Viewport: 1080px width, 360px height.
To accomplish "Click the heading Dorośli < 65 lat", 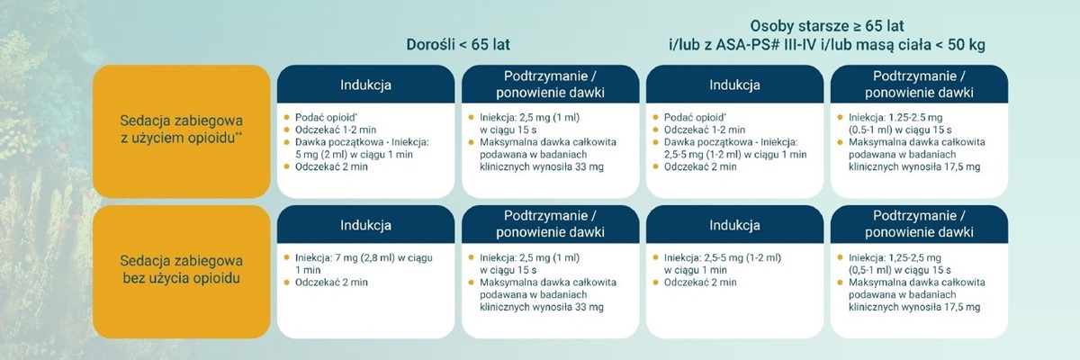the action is [458, 45].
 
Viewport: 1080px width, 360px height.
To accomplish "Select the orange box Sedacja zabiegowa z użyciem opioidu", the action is [181, 131].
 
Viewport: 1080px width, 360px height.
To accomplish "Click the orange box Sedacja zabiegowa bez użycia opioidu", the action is [181, 272].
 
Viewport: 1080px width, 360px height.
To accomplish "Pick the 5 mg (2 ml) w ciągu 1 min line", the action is [354, 155].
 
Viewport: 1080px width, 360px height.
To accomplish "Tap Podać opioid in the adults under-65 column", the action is [326, 118].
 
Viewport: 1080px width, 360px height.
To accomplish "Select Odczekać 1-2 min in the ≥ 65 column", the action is [705, 130].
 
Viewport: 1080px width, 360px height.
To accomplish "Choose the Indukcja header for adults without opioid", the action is [365, 225].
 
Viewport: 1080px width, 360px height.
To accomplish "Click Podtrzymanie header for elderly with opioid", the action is [919, 85].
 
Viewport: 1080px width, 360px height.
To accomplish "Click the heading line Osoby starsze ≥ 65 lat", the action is [827, 25].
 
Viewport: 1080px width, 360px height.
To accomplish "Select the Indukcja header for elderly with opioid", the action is [734, 85].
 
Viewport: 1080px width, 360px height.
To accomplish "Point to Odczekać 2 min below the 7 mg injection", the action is [331, 283].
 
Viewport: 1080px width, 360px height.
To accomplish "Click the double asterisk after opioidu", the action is [238, 135].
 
